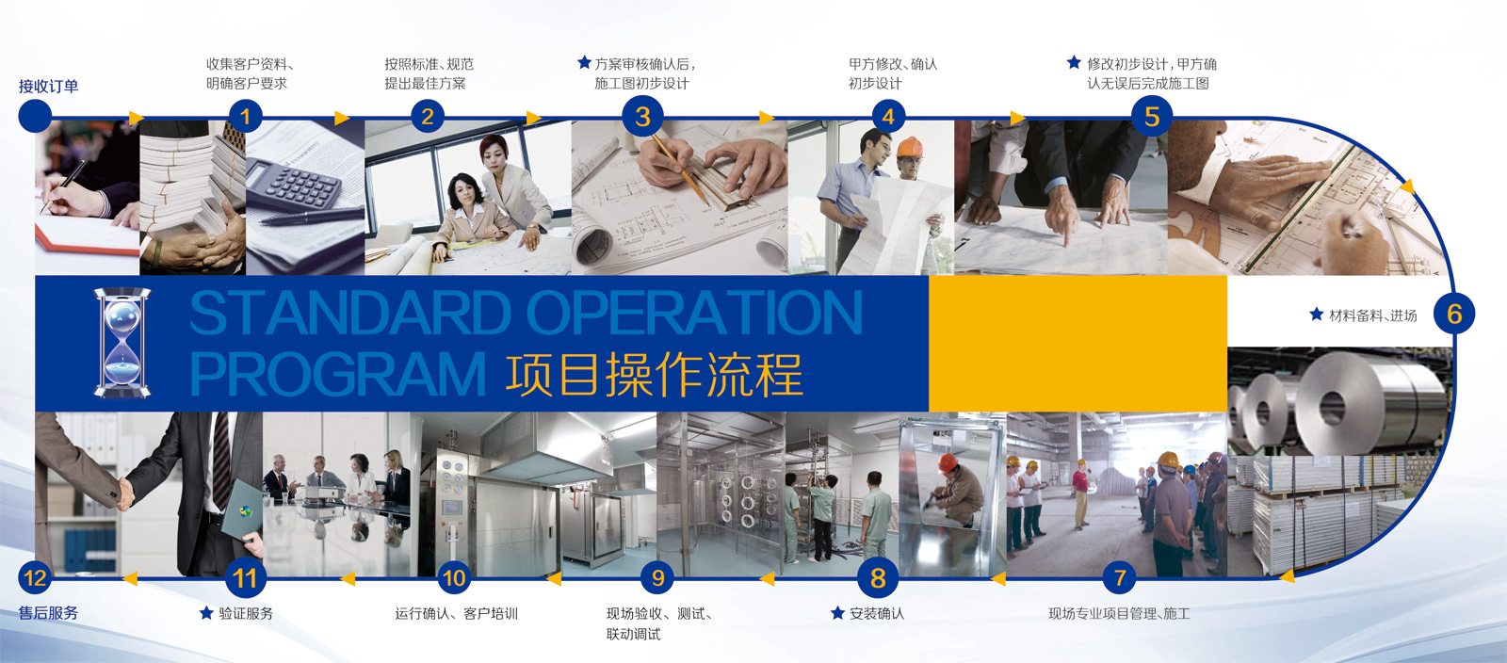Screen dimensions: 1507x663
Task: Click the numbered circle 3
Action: pos(642,117)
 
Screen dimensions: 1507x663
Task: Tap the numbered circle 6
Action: pos(1454,314)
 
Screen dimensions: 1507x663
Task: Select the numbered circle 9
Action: pos(657,577)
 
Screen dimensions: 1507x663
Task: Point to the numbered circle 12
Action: pos(35,577)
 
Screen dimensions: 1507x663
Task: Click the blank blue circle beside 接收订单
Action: pos(35,117)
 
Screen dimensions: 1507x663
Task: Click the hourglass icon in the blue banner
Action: pos(122,343)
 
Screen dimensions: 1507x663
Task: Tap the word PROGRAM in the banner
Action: pos(338,373)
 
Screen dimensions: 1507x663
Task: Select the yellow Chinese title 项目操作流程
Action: pos(654,374)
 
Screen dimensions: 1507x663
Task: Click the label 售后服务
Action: pos(48,612)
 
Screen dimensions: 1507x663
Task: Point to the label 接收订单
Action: pos(48,86)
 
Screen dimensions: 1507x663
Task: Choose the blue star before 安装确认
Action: pos(837,612)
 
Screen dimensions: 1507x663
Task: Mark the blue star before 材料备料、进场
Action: pos(1317,314)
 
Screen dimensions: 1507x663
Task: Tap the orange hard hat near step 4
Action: pos(910,147)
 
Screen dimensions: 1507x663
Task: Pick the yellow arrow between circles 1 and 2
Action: pos(342,119)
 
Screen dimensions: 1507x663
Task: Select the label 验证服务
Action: pos(246,613)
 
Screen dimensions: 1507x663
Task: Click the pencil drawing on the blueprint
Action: pos(681,168)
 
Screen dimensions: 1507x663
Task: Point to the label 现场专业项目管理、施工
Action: pos(1120,613)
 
